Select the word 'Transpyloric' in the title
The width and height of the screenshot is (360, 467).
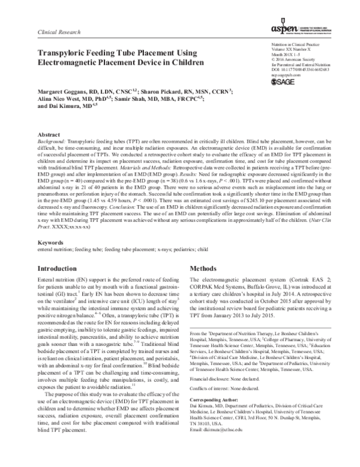[x=64, y=53]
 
